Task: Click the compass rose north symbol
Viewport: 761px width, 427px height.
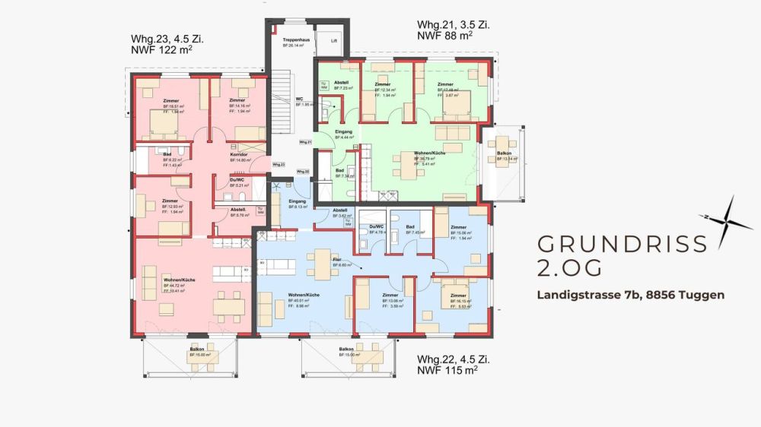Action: tap(727, 220)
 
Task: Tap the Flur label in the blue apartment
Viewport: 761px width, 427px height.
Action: tap(338, 260)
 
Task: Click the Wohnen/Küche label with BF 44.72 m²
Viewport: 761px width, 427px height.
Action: tap(179, 280)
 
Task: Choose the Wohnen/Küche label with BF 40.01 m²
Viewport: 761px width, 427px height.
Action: tap(303, 295)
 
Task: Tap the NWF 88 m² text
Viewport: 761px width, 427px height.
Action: tap(445, 34)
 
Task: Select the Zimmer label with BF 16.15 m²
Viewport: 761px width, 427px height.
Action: tap(458, 295)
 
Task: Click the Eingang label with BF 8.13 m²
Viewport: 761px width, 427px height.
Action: tap(297, 201)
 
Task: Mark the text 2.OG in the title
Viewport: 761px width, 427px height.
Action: tap(570, 267)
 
